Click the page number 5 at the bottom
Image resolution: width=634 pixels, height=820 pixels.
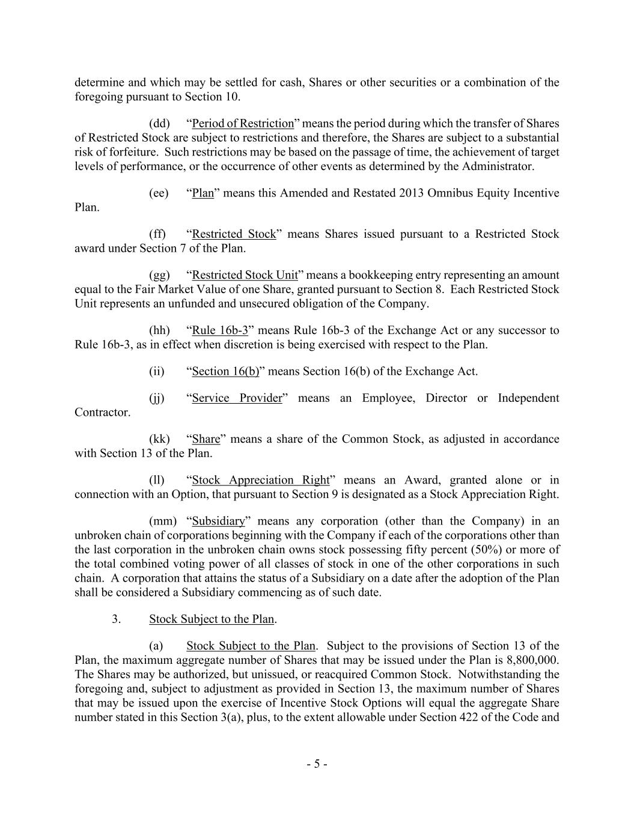point(317,764)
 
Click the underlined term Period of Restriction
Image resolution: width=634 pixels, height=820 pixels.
point(243,124)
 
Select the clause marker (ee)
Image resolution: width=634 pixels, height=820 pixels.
point(159,193)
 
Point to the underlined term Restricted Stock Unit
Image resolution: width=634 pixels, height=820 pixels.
point(245,275)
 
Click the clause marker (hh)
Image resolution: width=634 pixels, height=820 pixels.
point(159,330)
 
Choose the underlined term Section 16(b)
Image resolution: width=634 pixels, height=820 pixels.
point(225,371)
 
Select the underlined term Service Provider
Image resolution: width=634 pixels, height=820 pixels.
point(237,398)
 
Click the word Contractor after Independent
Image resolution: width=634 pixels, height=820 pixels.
point(102,413)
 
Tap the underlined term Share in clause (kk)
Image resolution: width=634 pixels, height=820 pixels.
point(206,439)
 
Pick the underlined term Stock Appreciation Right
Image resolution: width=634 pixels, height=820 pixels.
point(261,480)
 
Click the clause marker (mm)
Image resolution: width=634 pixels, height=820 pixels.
point(163,521)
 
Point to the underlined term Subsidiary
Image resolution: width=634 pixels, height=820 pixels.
point(219,521)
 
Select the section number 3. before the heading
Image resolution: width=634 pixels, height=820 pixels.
point(117,619)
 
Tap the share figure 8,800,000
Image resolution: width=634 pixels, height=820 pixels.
point(532,660)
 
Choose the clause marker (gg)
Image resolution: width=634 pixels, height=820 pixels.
point(159,275)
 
